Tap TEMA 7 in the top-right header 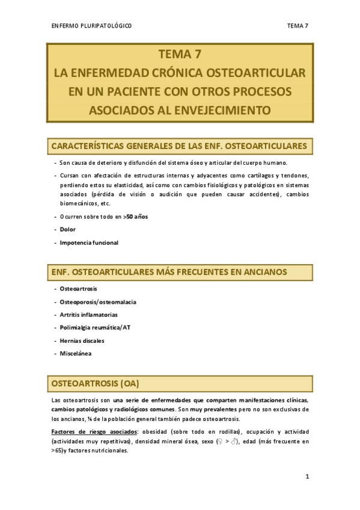pyautogui.click(x=297, y=25)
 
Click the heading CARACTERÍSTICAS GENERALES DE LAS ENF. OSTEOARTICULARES pyautogui.click(x=180, y=146)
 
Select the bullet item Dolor pyautogui.click(x=68, y=230)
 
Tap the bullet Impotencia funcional pyautogui.click(x=89, y=242)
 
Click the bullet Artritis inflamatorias pyautogui.click(x=88, y=315)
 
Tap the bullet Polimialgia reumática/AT pyautogui.click(x=95, y=327)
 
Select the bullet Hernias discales pyautogui.click(x=82, y=340)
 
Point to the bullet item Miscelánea pyautogui.click(x=76, y=353)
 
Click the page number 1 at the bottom pyautogui.click(x=307, y=477)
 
